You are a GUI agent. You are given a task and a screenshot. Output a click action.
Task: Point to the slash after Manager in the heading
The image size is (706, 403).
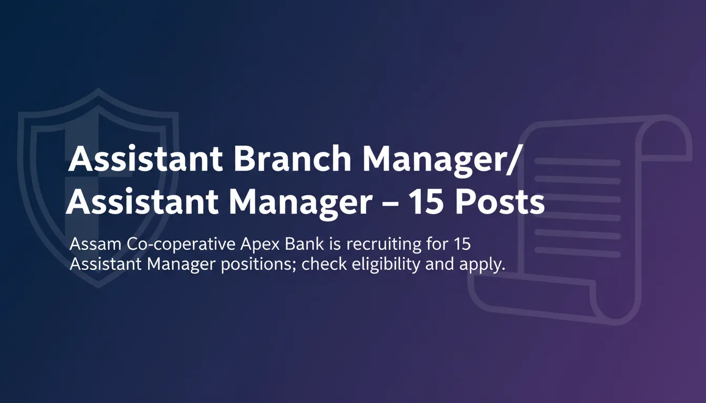click(512, 160)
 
